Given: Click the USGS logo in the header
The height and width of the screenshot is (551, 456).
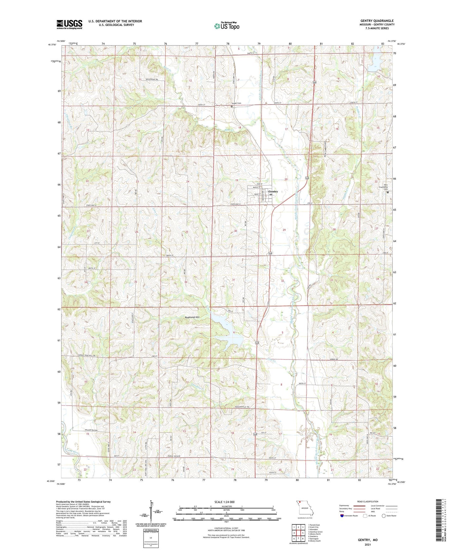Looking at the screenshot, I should click(x=69, y=24).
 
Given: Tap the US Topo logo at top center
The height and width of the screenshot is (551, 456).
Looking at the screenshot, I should click(x=226, y=26).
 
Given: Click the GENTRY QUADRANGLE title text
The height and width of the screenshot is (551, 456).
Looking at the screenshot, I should click(x=377, y=21).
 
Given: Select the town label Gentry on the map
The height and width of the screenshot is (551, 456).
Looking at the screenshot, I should click(x=273, y=192).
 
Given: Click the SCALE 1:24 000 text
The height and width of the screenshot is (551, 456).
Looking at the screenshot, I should click(x=226, y=502).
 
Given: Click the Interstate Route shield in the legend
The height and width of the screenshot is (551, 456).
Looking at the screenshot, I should click(x=342, y=516).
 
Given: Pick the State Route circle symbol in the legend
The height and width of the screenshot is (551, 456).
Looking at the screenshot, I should click(x=383, y=516).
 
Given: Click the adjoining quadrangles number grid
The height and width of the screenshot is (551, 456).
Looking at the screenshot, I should click(x=298, y=533).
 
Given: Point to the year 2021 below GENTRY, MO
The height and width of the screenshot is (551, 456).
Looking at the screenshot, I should click(x=367, y=545).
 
